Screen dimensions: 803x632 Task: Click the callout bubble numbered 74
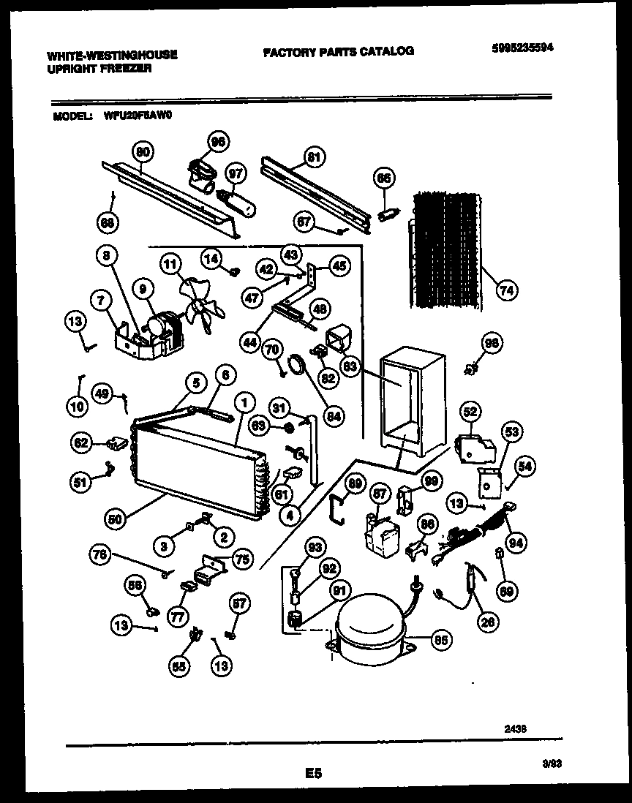(505, 290)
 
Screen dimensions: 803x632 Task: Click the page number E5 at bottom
(315, 772)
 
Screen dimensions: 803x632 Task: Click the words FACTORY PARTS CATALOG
(337, 51)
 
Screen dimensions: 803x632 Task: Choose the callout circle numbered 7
(99, 298)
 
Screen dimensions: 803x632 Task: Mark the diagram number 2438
(515, 728)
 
